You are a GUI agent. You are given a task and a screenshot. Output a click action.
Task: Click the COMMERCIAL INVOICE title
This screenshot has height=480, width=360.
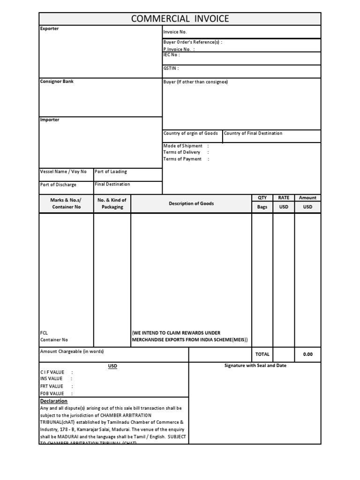tap(180, 19)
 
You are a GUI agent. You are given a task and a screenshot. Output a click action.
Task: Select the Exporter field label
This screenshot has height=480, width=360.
tap(49, 29)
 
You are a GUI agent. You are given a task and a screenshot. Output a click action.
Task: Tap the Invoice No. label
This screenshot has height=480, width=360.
tap(175, 32)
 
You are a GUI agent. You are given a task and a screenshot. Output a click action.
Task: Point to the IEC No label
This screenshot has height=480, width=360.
tap(171, 55)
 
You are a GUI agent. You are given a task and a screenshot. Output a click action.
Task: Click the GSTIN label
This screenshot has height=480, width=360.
tap(171, 68)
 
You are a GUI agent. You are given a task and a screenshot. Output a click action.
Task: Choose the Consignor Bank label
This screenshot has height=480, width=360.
tap(57, 82)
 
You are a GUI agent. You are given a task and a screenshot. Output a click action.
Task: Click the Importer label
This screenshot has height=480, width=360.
tap(50, 120)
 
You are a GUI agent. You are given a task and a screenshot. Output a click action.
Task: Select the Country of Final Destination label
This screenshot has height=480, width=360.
tap(253, 134)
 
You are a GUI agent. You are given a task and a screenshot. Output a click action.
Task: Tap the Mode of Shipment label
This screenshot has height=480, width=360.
tap(183, 146)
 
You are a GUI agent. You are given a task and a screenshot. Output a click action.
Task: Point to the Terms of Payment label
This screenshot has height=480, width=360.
tap(182, 159)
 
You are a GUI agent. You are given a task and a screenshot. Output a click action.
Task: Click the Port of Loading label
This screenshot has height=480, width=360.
tap(111, 172)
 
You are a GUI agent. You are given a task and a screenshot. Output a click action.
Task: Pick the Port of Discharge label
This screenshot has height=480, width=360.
tap(58, 185)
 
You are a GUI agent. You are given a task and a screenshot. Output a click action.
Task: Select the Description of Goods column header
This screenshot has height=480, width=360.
tap(191, 203)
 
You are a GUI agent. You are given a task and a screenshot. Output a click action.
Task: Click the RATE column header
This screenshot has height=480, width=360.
tap(284, 198)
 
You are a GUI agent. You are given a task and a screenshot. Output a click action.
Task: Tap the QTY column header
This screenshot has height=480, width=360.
tap(262, 198)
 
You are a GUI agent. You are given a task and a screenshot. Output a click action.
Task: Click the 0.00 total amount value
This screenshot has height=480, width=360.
tap(307, 354)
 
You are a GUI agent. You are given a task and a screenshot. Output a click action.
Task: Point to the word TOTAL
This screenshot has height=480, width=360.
tap(262, 354)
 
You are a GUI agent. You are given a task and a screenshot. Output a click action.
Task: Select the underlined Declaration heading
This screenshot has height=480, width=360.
tap(54, 401)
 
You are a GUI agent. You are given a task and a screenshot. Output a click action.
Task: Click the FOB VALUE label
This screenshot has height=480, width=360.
tap(52, 394)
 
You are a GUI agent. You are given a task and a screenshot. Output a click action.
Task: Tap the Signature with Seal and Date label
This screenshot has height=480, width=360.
tap(255, 366)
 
